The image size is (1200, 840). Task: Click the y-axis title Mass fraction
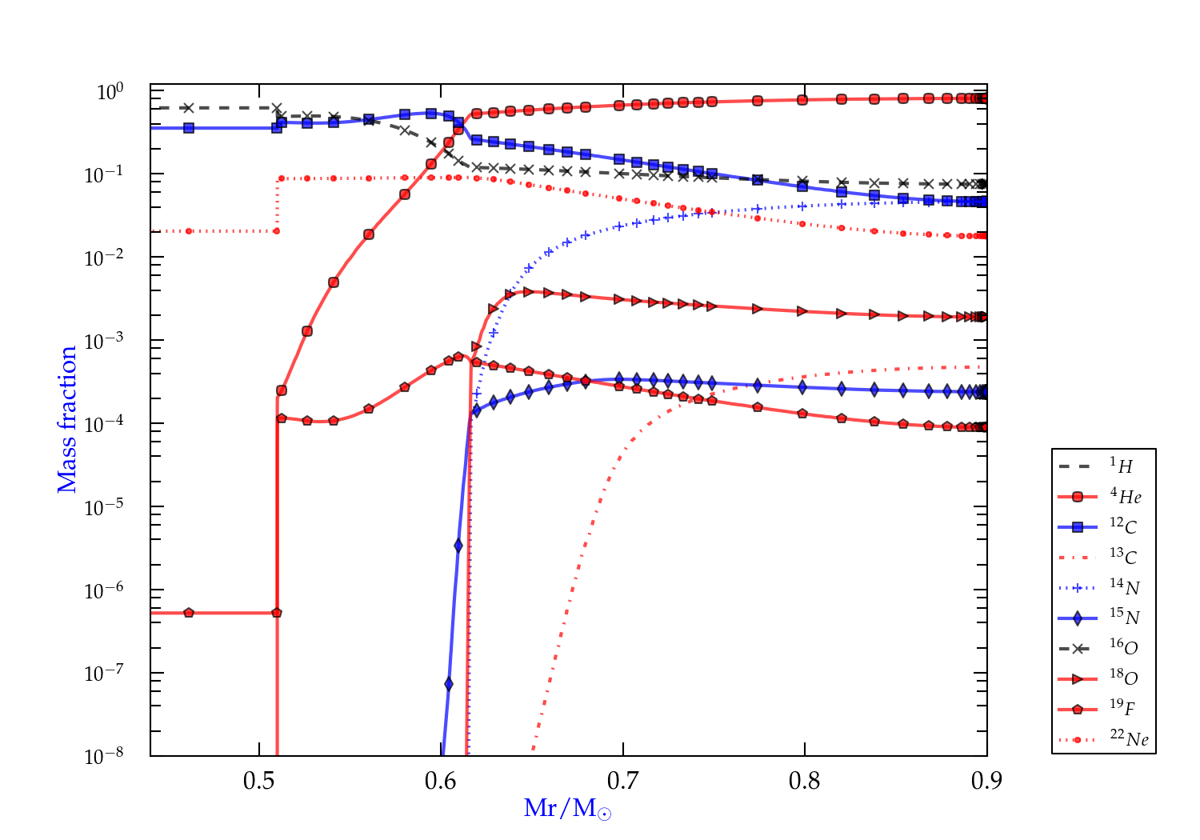(x=67, y=419)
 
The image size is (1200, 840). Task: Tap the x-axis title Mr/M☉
(x=567, y=809)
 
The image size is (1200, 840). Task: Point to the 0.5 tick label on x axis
(x=259, y=781)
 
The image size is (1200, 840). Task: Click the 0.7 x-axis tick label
(x=622, y=781)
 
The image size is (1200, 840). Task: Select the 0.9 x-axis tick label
(x=986, y=781)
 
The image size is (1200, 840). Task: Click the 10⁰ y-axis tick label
(x=110, y=92)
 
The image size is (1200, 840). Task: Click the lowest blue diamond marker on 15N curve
(x=449, y=684)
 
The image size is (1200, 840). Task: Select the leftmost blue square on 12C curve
(x=189, y=127)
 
